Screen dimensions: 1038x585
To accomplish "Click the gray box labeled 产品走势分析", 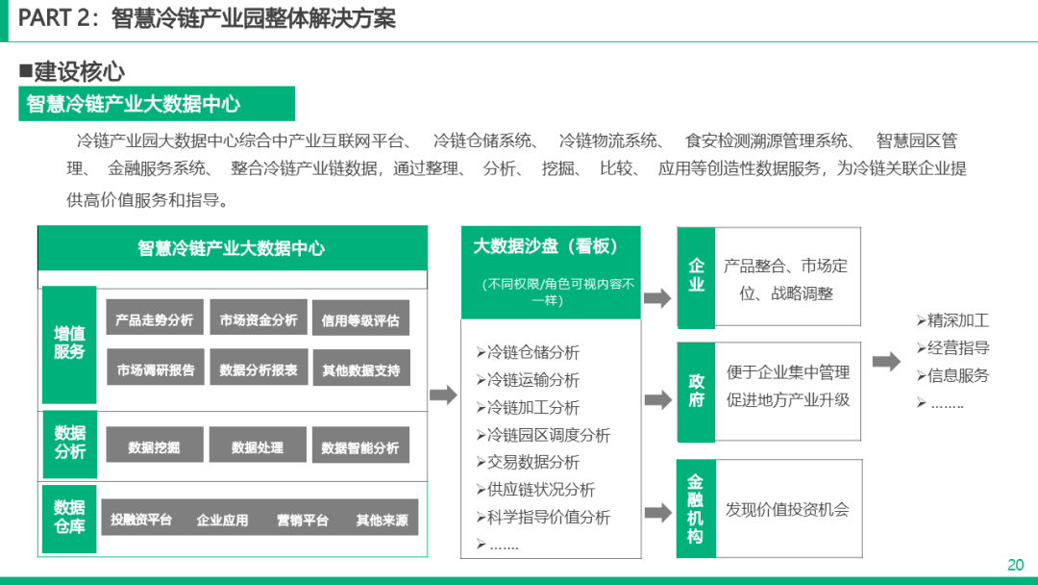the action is pos(154,319).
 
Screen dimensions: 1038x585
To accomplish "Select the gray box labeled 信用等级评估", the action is pos(360,319).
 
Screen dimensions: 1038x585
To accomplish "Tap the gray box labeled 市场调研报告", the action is pos(155,369).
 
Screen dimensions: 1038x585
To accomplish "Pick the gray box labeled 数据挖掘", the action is pos(154,446).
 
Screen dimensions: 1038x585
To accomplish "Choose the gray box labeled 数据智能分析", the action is pos(360,446).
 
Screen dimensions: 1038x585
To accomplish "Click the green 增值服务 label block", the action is pos(69,343).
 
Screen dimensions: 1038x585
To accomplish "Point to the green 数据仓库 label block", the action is pos(69,517).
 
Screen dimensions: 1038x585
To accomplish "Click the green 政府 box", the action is pos(696,390).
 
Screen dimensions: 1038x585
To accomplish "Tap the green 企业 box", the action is pos(696,275).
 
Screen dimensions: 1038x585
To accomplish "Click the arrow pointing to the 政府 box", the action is pos(657,399).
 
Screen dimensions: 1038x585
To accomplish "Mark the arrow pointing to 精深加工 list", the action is pos(886,362).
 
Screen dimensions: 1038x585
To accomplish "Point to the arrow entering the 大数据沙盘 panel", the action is pos(442,394).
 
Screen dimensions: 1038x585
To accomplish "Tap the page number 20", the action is pos(1016,565).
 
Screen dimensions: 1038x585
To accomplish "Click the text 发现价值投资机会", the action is pos(788,509).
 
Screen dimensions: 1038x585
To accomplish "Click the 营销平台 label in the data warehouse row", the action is pos(303,520).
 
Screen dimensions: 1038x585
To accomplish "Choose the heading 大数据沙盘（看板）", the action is pos(545,246).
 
